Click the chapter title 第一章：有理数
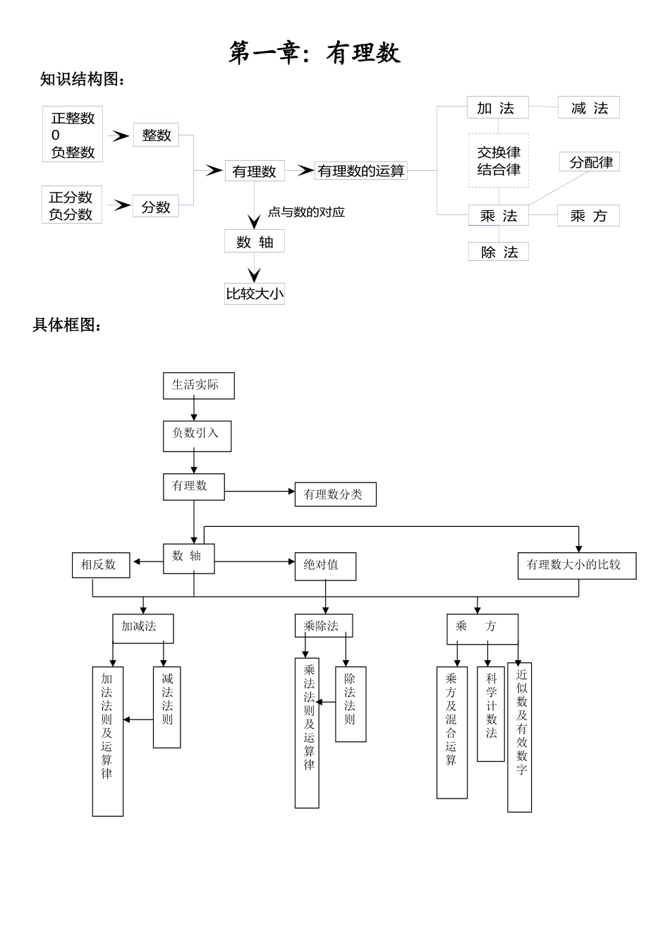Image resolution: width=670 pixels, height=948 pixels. [315, 53]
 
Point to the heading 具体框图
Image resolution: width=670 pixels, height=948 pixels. [68, 325]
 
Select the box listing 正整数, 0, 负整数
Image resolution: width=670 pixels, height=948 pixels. [73, 135]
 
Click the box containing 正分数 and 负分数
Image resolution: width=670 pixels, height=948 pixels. [71, 205]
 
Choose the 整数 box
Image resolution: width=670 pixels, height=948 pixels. [156, 135]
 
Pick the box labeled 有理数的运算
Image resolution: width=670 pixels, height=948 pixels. [360, 171]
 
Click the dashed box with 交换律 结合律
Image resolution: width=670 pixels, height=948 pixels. [499, 161]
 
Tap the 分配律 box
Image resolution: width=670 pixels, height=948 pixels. [590, 162]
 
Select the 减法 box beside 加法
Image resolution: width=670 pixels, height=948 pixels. [589, 108]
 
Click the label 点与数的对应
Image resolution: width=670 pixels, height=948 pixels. [306, 212]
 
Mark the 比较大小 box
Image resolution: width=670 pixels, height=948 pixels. [255, 293]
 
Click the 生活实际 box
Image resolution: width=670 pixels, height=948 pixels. [198, 386]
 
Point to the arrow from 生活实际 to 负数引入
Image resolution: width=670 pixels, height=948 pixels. [194, 410]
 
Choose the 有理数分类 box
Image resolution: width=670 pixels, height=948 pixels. [335, 494]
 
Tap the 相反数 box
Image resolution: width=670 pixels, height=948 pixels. [101, 565]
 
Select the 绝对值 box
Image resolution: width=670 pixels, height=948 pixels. [325, 566]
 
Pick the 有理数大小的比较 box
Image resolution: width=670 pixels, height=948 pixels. [576, 566]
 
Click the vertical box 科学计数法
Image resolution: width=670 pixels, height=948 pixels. [491, 713]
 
